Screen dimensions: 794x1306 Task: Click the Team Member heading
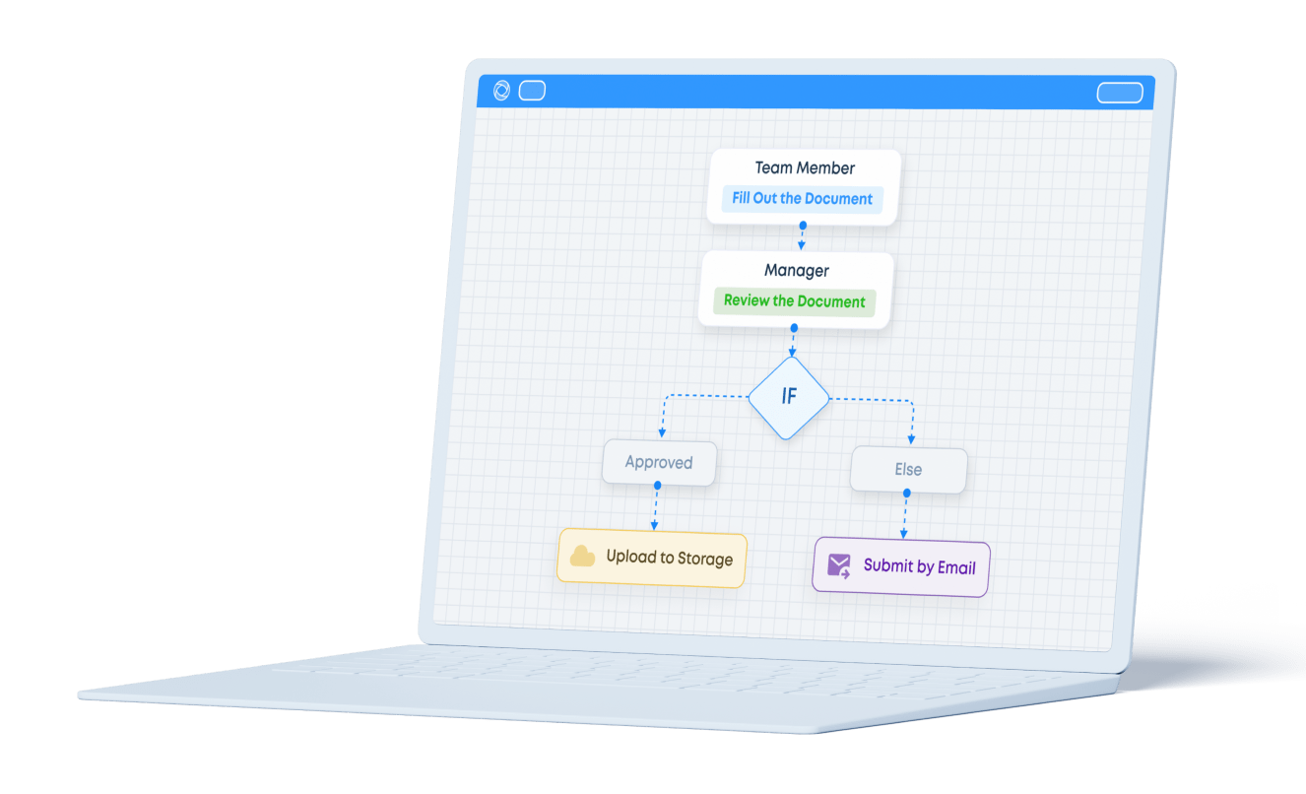[805, 168]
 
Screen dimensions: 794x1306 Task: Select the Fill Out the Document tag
[802, 199]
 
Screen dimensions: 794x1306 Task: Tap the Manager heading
[797, 270]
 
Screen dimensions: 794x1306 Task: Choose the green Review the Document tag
[794, 301]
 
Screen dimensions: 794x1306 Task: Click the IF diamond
[789, 396]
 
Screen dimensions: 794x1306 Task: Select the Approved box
[659, 463]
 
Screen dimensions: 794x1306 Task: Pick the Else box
[908, 470]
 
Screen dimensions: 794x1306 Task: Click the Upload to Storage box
[651, 558]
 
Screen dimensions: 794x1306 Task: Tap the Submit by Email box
[900, 566]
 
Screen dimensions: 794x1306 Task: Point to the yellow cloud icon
[583, 557]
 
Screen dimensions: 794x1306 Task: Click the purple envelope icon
[839, 565]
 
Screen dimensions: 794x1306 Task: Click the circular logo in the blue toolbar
[500, 91]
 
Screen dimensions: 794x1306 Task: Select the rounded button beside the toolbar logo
[532, 91]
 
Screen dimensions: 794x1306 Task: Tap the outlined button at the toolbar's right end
[1120, 93]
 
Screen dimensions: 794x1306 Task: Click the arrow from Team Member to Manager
[802, 237]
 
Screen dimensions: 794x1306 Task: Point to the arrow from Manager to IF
[793, 340]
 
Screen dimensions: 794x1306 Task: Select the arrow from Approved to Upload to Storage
[654, 506]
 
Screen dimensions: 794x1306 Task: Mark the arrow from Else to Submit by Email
[905, 514]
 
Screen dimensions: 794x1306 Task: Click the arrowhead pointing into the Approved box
[661, 433]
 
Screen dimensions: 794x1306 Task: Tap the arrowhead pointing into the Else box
[912, 440]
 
